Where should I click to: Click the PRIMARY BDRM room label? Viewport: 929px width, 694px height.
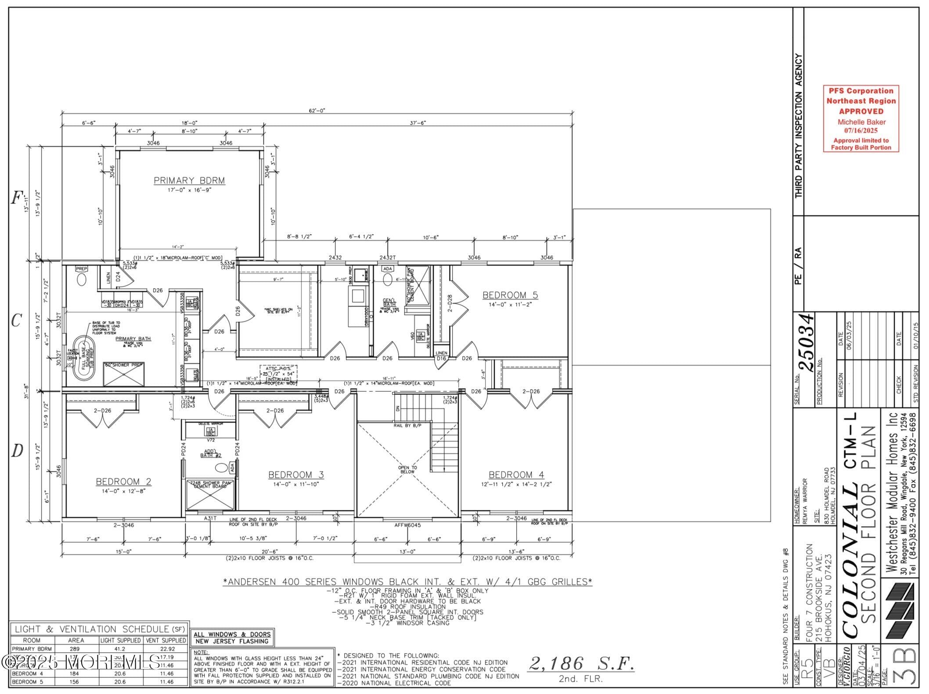pos(189,181)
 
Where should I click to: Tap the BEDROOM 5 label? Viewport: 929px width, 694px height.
pos(510,295)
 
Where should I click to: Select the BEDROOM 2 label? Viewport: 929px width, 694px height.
pos(123,482)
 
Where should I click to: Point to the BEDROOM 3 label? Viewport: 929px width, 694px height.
pos(296,475)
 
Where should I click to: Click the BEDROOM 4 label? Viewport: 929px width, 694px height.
pos(516,475)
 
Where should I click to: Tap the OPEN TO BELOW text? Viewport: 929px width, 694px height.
pos(407,470)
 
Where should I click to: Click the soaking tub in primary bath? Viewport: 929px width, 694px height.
pos(83,358)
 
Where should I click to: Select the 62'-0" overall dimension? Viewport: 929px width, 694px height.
pos(317,111)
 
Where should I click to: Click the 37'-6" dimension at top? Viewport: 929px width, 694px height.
pos(418,123)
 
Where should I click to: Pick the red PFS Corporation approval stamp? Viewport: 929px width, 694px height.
pos(861,119)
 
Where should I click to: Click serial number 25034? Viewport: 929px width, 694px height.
pos(807,342)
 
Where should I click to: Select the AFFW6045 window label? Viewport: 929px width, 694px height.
pos(407,525)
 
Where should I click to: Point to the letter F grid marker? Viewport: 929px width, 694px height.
pos(17,199)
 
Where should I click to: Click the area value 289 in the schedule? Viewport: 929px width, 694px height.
pos(76,649)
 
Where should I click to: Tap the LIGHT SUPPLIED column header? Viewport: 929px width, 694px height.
pos(121,640)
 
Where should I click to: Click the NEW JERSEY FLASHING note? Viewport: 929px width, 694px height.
pos(232,641)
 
